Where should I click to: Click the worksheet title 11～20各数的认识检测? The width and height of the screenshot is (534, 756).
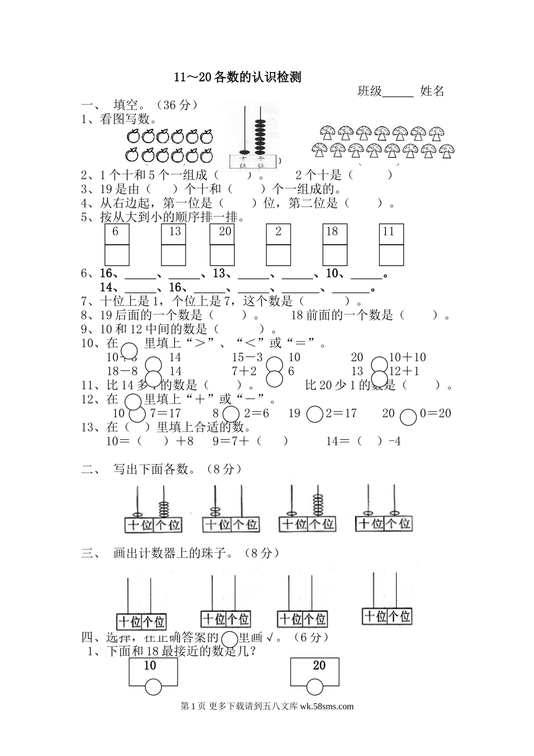click(x=237, y=78)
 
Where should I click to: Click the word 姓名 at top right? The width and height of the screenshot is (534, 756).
click(x=432, y=91)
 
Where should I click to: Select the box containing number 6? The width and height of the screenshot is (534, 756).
click(x=116, y=233)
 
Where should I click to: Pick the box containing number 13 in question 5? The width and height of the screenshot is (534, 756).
click(x=174, y=233)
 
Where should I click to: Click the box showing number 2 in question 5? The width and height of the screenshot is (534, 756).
click(x=278, y=233)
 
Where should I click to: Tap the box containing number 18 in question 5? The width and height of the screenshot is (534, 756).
click(x=334, y=233)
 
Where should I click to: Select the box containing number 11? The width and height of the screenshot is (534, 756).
click(x=391, y=233)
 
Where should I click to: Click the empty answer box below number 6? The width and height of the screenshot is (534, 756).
click(x=116, y=255)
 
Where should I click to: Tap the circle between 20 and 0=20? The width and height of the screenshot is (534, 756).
click(x=409, y=416)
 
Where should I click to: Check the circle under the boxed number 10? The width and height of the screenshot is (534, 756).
click(x=153, y=687)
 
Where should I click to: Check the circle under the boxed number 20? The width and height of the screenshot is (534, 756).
click(x=315, y=687)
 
